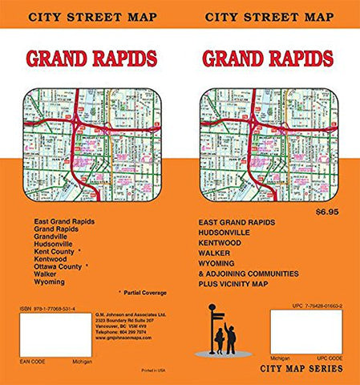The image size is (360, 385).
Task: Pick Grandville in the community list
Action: tap(54, 235)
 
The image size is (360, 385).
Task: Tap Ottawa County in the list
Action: tap(59, 266)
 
